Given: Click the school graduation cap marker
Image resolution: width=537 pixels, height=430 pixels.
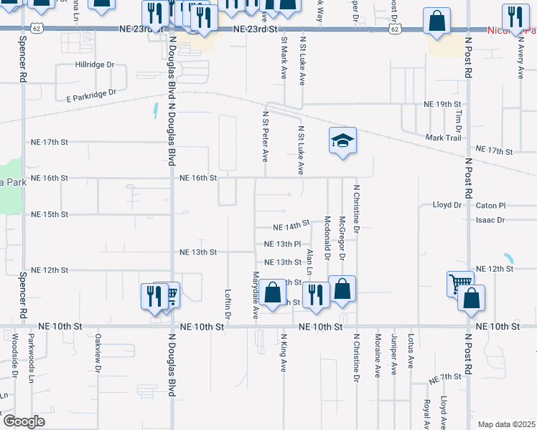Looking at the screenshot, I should pos(343,140).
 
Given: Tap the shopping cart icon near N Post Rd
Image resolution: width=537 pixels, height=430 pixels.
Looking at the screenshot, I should pos(459,282).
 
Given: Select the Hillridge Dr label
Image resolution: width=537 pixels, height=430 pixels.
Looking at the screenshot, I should pos(95,64).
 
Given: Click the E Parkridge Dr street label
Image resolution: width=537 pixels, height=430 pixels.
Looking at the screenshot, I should pos(90,95).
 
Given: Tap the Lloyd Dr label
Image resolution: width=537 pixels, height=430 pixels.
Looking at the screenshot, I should pos(447,205).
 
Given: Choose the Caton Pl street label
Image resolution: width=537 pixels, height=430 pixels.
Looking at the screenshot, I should pos(491,205).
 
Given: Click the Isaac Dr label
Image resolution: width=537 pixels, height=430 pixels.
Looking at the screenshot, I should pos(490,220).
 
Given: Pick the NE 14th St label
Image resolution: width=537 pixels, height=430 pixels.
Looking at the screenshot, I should pos(291,226).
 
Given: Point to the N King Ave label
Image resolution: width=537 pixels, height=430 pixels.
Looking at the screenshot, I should pos(284,352).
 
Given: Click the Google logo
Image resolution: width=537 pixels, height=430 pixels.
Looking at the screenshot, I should pos(23,421).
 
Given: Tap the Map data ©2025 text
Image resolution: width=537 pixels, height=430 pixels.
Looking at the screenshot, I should pos(506,424).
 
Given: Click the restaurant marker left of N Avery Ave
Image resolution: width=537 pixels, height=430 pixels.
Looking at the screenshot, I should pos(514,17).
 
